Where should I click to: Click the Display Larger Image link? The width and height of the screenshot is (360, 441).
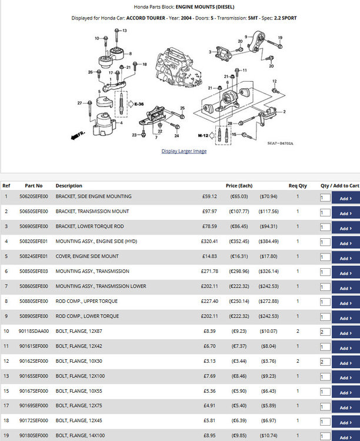[184, 151]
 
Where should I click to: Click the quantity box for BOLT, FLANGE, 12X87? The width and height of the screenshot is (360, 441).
[325, 332]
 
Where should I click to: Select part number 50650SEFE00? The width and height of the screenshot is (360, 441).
[34, 211]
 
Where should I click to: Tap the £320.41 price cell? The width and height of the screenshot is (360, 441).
[209, 241]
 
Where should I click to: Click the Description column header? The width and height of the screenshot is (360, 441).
[69, 186]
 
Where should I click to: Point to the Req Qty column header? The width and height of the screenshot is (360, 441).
[298, 186]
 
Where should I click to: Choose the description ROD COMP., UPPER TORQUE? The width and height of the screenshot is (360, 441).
[86, 301]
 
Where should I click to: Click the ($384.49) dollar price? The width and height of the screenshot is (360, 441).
[268, 241]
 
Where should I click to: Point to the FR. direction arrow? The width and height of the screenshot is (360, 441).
[78, 135]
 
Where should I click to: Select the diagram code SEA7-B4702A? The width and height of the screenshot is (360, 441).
[280, 143]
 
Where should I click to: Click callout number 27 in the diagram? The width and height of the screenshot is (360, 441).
[79, 103]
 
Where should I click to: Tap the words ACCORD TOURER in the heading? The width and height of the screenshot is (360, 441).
[145, 18]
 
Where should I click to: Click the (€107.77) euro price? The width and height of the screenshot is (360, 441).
[239, 211]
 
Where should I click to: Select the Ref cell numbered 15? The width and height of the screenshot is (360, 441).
[6, 391]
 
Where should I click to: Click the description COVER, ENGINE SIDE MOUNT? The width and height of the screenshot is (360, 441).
[87, 256]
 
